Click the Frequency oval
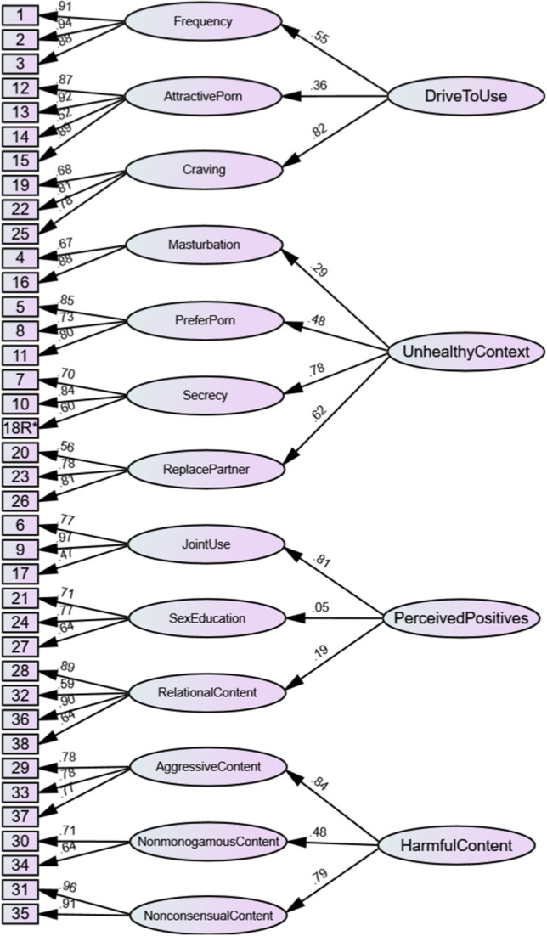click(x=202, y=22)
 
